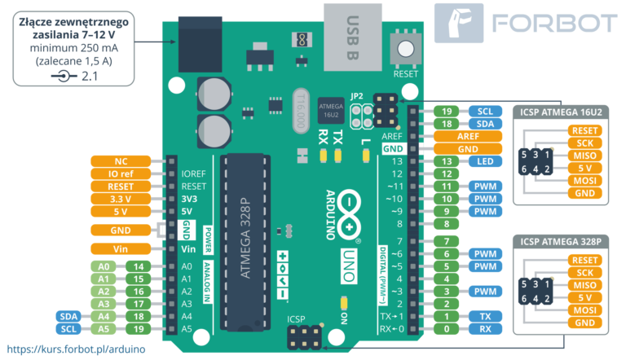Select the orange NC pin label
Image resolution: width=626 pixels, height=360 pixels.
pyautogui.click(x=119, y=160)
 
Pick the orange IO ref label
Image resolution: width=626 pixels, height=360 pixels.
pyautogui.click(x=119, y=173)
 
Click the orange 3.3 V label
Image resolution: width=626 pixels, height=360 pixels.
pyautogui.click(x=119, y=198)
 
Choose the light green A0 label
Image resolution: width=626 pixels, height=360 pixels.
pyautogui.click(x=104, y=266)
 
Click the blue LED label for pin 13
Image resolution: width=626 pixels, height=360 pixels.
pyautogui.click(x=485, y=161)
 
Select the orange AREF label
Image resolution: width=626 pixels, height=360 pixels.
pyautogui.click(x=468, y=137)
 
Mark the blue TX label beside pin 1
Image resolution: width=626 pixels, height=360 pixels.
pyautogui.click(x=485, y=316)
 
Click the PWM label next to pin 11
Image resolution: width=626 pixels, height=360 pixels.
pyautogui.click(x=485, y=186)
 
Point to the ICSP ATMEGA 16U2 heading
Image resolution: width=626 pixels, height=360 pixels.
pyautogui.click(x=560, y=112)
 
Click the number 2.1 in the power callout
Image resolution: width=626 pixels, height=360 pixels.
pyautogui.click(x=89, y=76)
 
